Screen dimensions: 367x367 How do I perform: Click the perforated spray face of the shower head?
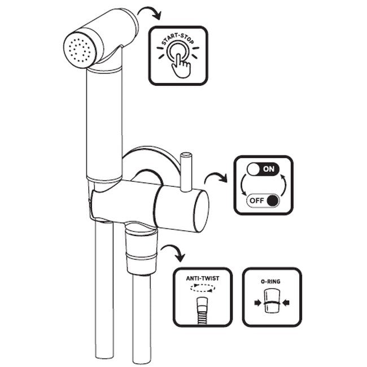(80, 49)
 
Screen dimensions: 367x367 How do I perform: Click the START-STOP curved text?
(178, 40)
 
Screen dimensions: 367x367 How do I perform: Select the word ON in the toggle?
(268, 169)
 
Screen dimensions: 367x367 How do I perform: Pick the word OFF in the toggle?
(257, 200)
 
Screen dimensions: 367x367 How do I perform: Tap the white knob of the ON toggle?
(254, 169)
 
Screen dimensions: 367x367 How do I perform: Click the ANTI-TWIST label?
(203, 278)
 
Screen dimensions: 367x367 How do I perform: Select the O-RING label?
(270, 281)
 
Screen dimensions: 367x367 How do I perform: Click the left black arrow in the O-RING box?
(257, 303)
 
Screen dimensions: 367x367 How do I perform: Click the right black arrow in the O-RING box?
(286, 303)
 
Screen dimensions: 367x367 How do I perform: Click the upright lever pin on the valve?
(186, 172)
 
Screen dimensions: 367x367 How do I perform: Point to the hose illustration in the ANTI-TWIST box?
(203, 311)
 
